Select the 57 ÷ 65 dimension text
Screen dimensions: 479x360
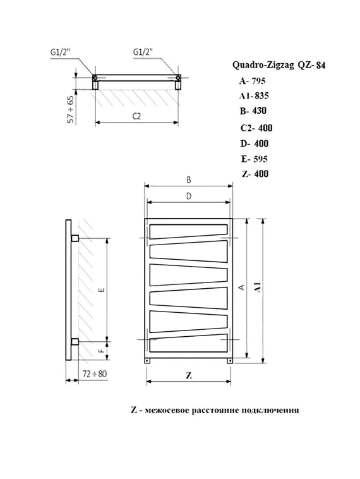point(70,109)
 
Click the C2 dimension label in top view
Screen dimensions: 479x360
point(136,116)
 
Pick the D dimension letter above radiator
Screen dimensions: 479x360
point(188,197)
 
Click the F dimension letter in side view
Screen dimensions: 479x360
point(102,347)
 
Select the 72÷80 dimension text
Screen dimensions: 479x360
point(95,373)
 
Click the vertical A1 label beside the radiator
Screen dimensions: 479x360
point(257,288)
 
